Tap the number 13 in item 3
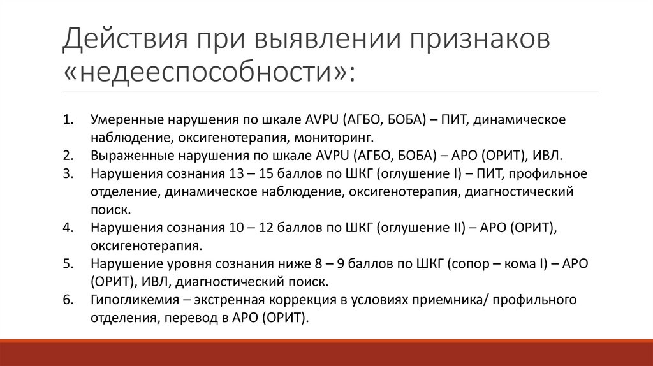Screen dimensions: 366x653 233,173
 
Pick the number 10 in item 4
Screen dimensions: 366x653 233,227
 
